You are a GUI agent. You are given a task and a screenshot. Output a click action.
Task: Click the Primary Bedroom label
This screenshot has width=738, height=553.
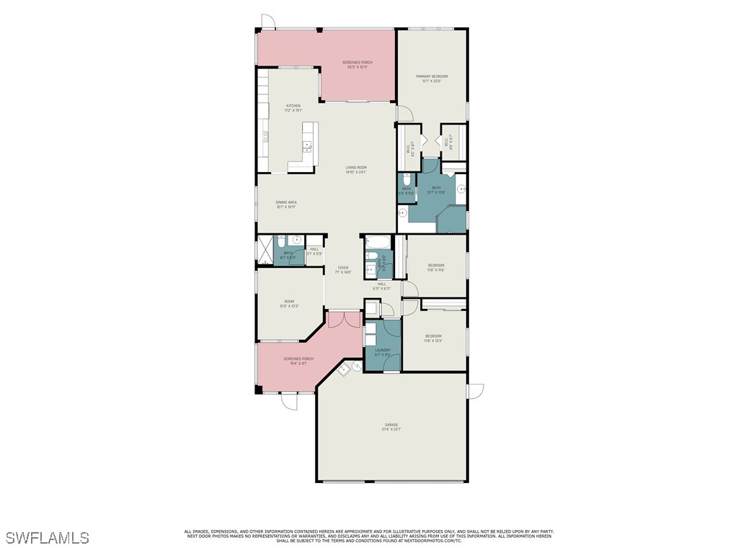point(431,78)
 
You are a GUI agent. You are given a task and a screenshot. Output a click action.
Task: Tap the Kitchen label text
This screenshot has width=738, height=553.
point(293,108)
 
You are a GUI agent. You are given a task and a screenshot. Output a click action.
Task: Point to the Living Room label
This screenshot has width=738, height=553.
point(356,170)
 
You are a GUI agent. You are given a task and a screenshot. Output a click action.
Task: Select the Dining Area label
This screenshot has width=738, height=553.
point(286,204)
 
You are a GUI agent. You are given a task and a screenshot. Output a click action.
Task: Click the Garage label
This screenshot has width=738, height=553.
point(391,426)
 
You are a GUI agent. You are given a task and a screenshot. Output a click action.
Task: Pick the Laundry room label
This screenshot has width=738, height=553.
point(382,352)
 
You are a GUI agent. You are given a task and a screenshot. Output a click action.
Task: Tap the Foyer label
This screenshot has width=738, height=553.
point(343,270)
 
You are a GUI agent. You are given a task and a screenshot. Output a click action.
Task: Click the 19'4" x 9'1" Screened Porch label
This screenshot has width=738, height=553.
point(298,361)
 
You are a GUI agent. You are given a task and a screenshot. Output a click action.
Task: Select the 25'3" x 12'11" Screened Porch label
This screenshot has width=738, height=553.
point(357,65)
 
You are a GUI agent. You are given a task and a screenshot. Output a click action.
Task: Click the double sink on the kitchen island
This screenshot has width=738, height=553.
point(308,147)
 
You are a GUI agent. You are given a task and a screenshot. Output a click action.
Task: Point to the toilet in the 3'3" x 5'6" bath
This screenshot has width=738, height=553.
point(406,179)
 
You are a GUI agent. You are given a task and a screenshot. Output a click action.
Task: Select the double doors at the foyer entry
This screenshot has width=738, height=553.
point(343,319)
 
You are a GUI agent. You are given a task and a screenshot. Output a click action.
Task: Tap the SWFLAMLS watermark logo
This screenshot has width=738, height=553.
point(47,538)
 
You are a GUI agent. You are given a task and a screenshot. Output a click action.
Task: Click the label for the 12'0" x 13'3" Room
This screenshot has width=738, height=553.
point(289,304)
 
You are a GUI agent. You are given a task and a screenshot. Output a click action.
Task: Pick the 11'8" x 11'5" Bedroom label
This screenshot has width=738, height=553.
point(435,267)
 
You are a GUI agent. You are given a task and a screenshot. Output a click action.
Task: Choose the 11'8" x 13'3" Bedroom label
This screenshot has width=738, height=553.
point(433,338)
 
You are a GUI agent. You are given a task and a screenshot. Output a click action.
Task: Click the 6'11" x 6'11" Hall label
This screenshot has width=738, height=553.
point(381,286)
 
